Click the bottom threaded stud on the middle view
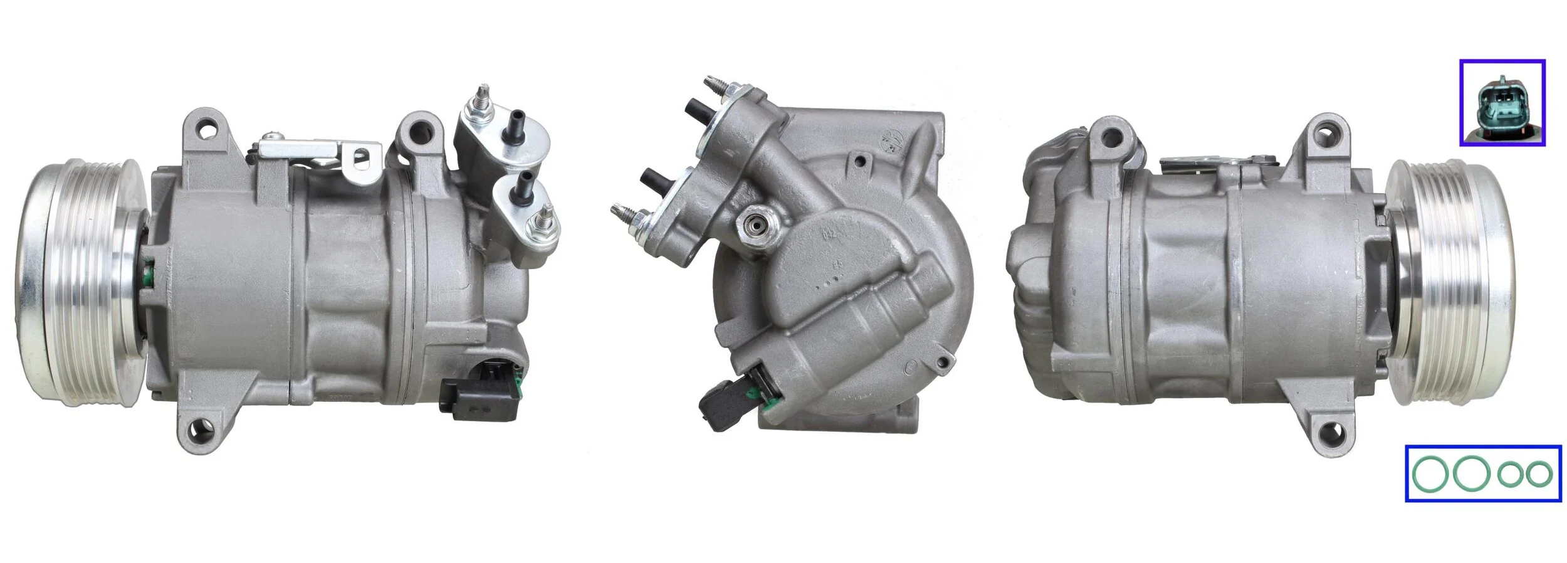click(624, 213)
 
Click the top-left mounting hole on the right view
click(1112, 135)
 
